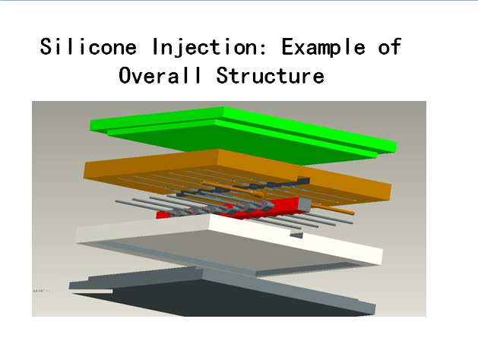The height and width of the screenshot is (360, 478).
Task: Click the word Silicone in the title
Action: [x=88, y=46]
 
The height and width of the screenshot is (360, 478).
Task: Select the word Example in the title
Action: [x=324, y=48]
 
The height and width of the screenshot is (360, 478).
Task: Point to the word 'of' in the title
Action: [x=390, y=46]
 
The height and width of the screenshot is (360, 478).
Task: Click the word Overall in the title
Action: [x=160, y=75]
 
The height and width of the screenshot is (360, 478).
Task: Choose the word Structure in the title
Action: [x=270, y=75]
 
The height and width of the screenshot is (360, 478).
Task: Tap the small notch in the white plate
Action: [x=296, y=235]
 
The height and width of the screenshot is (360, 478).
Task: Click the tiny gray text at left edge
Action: [x=42, y=291]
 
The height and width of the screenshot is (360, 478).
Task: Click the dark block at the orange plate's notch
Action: [x=304, y=180]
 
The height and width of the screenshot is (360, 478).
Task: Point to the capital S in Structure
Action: [x=222, y=75]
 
